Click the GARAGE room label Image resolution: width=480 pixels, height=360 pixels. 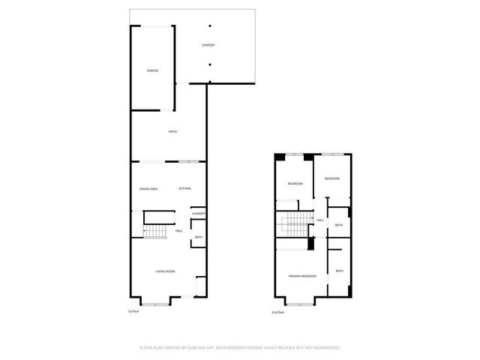152,70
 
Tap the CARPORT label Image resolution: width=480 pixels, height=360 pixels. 208,45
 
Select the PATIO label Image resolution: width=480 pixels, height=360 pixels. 172,132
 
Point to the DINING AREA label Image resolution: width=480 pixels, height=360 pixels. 148,188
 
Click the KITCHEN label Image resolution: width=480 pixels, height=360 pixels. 184,188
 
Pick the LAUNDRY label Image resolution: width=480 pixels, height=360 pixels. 199,214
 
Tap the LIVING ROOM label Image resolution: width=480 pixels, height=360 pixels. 165,271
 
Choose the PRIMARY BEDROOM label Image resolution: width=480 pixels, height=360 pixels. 302,277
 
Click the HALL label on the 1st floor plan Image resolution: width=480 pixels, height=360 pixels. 179,230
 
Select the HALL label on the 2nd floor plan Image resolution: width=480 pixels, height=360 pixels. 320,220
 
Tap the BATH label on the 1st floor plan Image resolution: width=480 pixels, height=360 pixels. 198,238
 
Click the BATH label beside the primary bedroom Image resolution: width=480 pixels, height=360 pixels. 340,271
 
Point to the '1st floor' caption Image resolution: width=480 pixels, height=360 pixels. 133,310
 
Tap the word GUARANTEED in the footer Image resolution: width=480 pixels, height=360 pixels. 324,347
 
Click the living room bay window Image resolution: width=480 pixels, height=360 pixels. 157,303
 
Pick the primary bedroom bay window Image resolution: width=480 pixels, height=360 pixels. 299,304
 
